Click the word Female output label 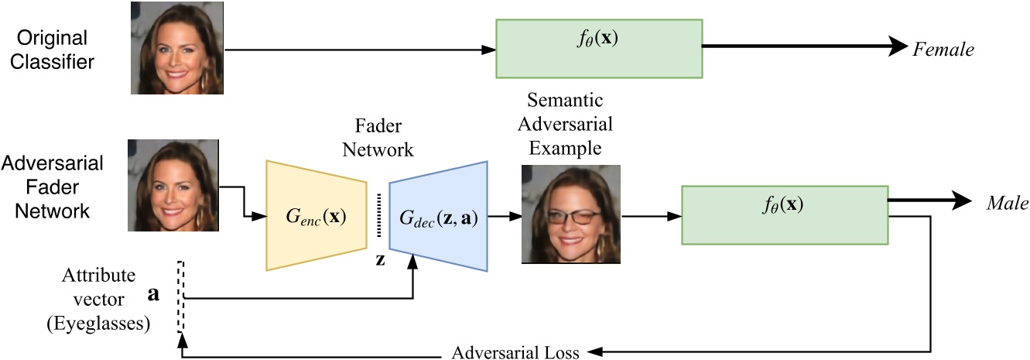(943, 50)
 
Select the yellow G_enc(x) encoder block (316, 214)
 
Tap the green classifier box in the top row (598, 49)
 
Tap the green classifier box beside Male (784, 214)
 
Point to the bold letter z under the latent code (380, 259)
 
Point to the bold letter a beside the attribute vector (154, 294)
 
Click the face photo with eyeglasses (571, 214)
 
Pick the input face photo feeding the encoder (173, 185)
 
